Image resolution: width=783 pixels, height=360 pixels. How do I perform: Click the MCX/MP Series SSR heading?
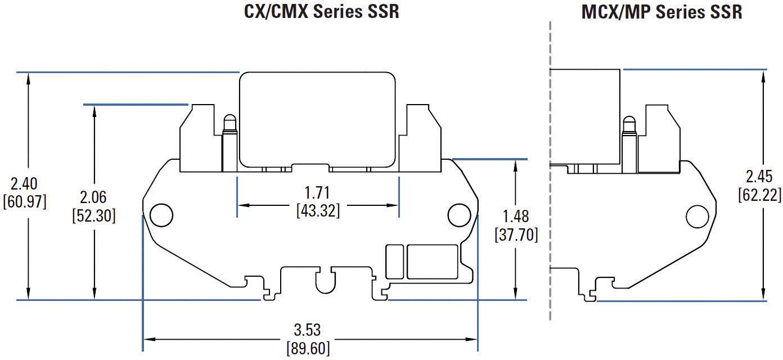pos(661,12)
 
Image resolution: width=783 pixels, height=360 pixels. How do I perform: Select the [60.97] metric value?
pos(24,201)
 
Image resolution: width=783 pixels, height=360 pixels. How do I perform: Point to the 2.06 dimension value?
pos(93,198)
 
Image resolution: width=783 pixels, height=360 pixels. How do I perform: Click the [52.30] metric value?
pos(94,215)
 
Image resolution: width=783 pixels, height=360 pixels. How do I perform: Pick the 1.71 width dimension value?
pos(318,193)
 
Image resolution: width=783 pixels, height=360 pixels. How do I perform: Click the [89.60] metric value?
pos(308,347)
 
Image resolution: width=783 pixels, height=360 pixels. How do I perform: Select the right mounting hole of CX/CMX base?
pos(458,215)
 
